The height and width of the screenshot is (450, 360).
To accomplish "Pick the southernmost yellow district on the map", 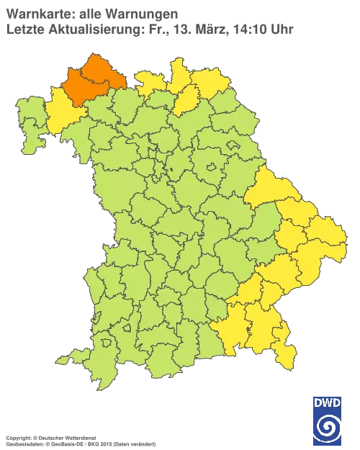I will click(x=287, y=356).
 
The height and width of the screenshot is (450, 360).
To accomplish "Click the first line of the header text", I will click(x=90, y=12).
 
